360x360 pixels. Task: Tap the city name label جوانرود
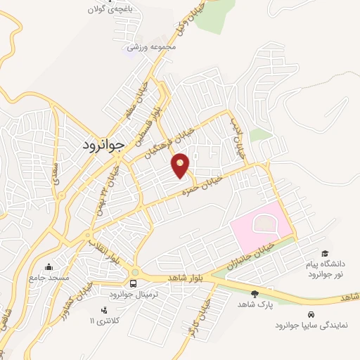(x=98, y=145)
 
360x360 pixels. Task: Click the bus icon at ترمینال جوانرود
(x=134, y=283)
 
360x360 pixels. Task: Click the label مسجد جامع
(x=49, y=278)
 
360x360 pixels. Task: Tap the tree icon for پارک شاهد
(x=255, y=293)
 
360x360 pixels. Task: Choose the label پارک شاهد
(x=255, y=304)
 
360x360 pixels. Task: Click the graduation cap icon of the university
(x=324, y=253)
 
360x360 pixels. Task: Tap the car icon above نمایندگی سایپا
(x=311, y=314)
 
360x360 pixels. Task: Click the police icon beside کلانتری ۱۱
(x=104, y=310)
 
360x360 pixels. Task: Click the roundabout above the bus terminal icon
(x=134, y=272)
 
